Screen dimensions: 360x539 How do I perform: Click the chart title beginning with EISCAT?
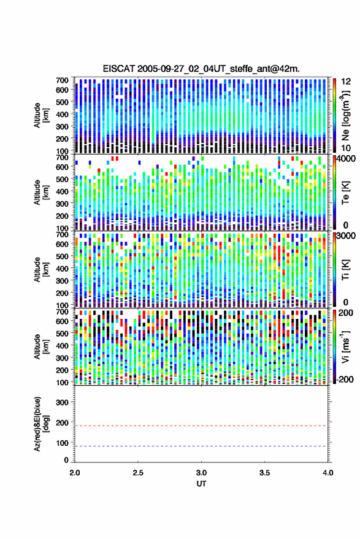(x=201, y=69)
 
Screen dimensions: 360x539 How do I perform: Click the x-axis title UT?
(x=201, y=484)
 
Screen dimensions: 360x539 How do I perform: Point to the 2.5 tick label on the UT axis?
(x=138, y=473)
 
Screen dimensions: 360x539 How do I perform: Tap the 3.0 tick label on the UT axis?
(x=201, y=473)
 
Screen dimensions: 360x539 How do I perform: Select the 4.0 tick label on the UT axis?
(x=327, y=473)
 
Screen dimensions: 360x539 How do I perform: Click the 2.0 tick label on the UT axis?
(x=75, y=473)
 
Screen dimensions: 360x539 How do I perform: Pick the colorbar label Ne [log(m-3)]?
(x=345, y=115)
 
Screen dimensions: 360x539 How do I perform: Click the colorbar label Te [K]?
(x=345, y=193)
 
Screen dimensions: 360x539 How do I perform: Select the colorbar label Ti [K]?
(x=345, y=270)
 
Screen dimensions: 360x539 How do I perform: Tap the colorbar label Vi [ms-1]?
(x=345, y=346)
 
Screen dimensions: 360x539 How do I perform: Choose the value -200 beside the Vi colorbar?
(x=344, y=379)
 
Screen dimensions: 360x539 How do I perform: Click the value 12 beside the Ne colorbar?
(x=347, y=82)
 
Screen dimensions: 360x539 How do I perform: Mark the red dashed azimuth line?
(x=201, y=426)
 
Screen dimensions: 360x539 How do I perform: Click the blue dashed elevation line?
(x=201, y=446)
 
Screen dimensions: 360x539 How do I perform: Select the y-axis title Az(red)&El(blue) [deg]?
(x=41, y=424)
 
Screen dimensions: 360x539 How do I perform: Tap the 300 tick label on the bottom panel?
(x=62, y=402)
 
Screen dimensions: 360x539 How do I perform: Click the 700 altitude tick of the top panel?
(x=62, y=80)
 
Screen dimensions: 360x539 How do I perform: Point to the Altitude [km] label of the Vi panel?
(x=41, y=346)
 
